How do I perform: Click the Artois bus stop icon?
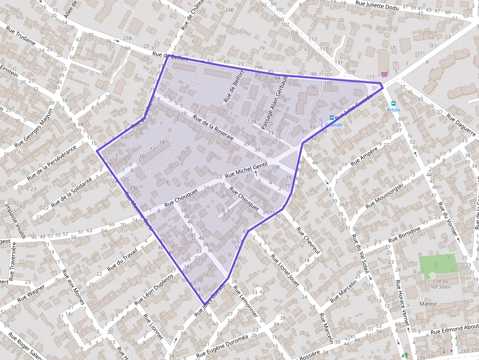(x=393, y=103)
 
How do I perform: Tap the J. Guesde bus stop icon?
(x=332, y=118)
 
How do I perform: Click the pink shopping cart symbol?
(x=385, y=74)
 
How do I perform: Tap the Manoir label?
(x=428, y=303)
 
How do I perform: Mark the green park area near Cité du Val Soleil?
(x=436, y=265)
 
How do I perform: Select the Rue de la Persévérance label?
(x=53, y=162)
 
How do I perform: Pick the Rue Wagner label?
(x=31, y=291)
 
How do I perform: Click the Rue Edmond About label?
(x=455, y=329)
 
